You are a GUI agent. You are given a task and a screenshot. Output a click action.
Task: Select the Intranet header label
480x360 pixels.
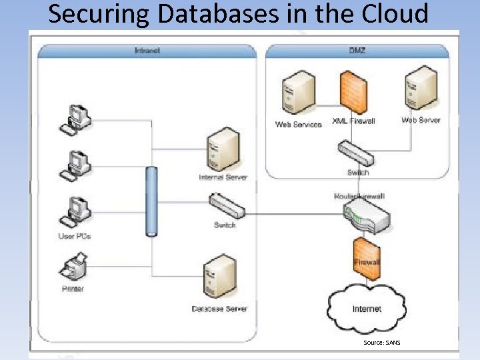pos(147,50)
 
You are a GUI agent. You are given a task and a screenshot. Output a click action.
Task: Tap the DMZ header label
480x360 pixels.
pos(357,50)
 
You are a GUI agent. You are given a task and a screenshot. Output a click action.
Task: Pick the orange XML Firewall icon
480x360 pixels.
pos(354,92)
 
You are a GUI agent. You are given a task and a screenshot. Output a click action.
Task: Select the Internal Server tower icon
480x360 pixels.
pos(223,149)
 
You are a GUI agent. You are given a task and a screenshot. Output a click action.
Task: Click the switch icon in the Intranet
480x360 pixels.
pos(227,205)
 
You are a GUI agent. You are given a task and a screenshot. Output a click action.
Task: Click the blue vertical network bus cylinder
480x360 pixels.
pos(152,201)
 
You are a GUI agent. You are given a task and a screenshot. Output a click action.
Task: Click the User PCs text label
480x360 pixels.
pos(74,237)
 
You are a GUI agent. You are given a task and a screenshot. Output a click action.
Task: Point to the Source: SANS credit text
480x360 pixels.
pos(382,343)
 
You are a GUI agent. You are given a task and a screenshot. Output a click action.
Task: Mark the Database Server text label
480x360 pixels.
pos(219,309)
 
